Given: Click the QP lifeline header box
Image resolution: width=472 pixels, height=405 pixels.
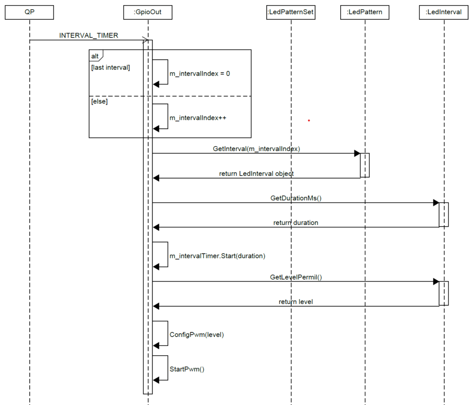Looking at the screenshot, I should [29, 12].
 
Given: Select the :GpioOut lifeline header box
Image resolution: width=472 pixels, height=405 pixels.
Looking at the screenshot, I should [148, 12].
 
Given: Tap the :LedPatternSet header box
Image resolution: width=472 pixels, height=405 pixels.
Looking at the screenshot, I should [291, 12].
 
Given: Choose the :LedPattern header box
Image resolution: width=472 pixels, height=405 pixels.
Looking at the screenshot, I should [365, 12].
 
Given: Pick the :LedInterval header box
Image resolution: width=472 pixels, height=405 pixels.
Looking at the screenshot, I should [444, 12].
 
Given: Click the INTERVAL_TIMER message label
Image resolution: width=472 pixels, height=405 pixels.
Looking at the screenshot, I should [88, 35].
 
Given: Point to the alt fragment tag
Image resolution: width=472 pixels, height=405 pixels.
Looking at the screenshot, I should [95, 55].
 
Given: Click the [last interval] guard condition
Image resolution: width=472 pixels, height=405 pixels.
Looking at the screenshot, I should [111, 68].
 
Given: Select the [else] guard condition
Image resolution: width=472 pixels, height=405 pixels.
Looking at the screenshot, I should [100, 101].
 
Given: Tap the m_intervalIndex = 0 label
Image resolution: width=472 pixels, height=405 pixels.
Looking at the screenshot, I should [200, 74].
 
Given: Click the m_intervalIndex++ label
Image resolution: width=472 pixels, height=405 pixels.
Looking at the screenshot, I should [198, 118].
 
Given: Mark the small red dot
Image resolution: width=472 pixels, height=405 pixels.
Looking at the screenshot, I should [309, 121].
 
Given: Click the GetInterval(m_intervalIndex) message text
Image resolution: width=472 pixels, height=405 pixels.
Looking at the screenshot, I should [257, 149].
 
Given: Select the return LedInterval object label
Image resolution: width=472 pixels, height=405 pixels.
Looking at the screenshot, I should [256, 174].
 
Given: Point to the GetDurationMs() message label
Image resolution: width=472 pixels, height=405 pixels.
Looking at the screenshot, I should [295, 198].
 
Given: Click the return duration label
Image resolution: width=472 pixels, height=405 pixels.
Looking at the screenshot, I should [295, 223].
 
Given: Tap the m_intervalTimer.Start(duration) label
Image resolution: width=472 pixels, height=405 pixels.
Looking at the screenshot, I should [217, 256].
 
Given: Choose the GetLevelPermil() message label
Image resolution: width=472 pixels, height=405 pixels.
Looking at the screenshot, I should [295, 277].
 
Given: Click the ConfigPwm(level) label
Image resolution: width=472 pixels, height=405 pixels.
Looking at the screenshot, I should [196, 335].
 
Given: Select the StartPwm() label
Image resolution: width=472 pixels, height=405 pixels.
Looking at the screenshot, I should [187, 369].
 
